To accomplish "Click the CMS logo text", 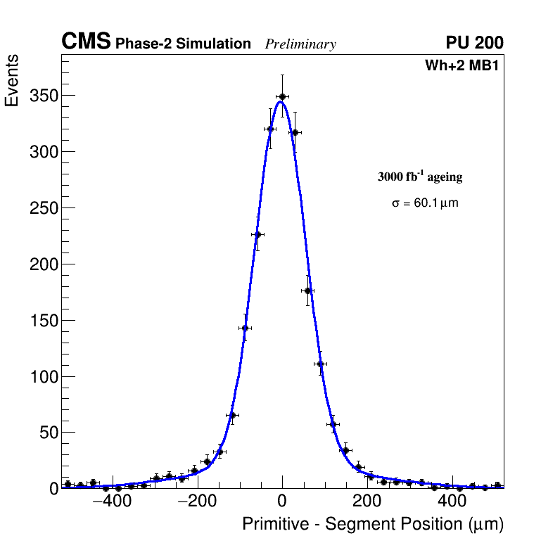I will coord(86,42).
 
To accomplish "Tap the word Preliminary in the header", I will coord(300,44).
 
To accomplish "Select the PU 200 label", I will coord(474,43).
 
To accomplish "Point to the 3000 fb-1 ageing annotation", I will coord(420,177).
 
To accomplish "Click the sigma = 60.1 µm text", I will coord(425,203).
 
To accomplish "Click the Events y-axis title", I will coord(12,81).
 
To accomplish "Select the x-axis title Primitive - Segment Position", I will coord(373,524).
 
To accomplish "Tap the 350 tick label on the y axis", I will coord(43,96).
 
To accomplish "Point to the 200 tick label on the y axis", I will coord(43,264).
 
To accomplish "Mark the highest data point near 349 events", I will coord(282,96).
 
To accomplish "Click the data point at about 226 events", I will coord(257,234).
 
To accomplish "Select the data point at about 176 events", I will coord(307,290).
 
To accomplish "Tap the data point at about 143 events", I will coord(245,328).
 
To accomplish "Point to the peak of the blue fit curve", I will coord(280,102).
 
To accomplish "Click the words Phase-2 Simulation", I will coord(183,44).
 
